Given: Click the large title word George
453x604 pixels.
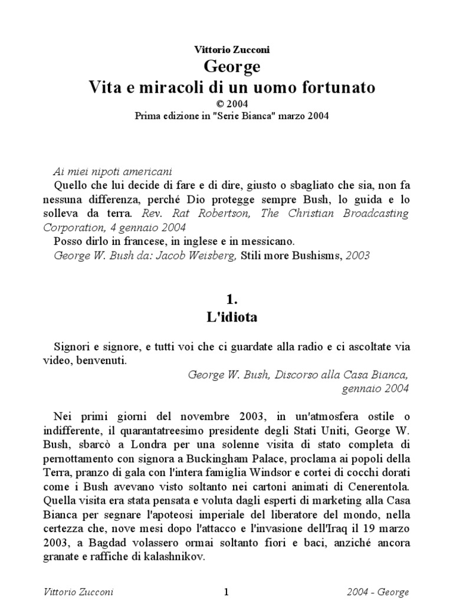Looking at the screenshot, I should coord(231,67).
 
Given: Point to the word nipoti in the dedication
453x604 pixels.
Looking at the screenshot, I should coord(101,171).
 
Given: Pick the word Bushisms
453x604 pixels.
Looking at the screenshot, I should coord(296,255).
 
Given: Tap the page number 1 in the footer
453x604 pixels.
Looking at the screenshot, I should coord(226,592).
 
